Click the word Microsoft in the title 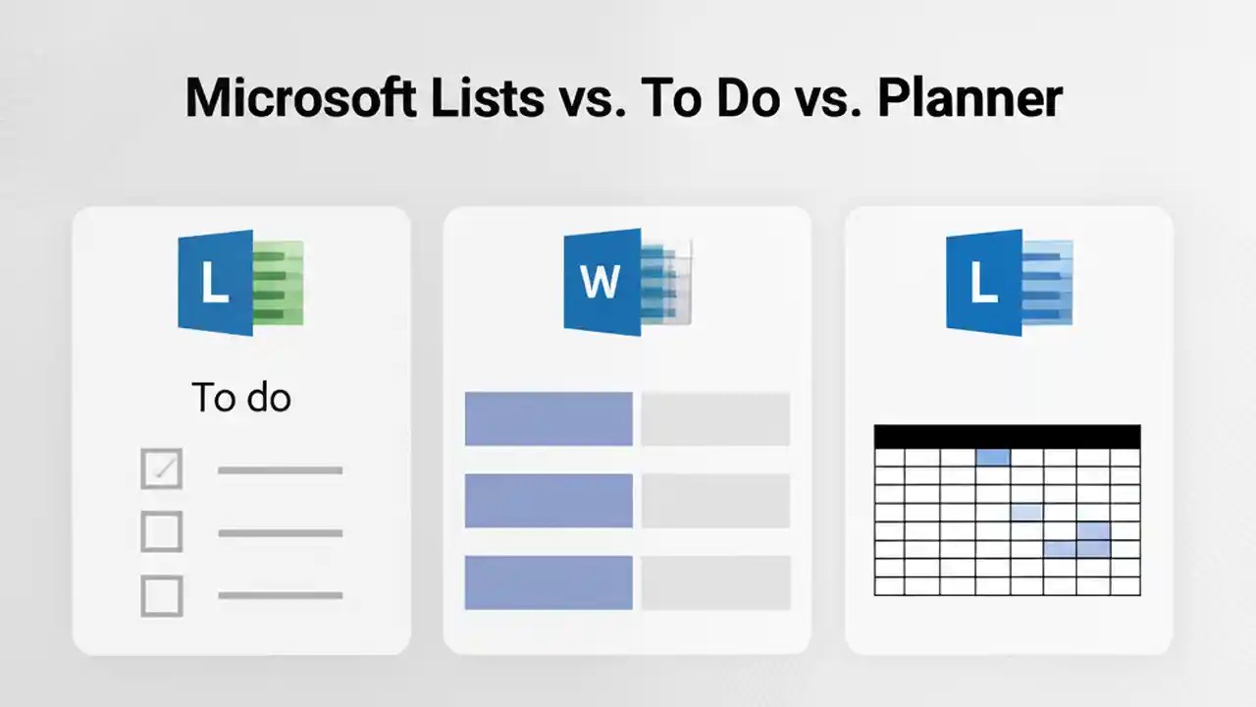(299, 98)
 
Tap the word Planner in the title (969, 98)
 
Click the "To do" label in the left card (241, 398)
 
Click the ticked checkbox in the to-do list (162, 469)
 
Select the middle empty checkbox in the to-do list (162, 532)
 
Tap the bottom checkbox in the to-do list (162, 595)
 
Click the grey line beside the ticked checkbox (280, 470)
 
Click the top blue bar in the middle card (549, 418)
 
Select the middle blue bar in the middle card (549, 501)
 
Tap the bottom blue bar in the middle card (549, 582)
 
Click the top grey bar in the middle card (715, 418)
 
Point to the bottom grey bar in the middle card (715, 582)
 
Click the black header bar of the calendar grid (1007, 437)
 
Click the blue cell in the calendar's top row (993, 457)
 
